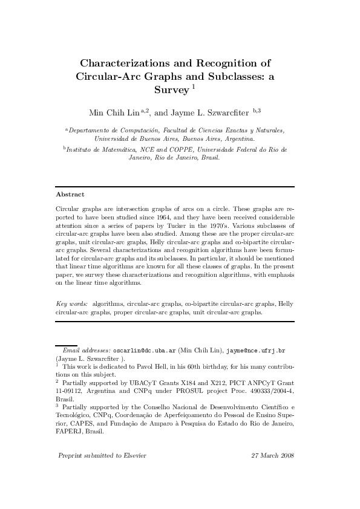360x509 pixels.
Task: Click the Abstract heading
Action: coord(70,195)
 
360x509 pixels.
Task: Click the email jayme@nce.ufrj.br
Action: coord(260,350)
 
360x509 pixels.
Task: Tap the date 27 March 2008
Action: coord(272,455)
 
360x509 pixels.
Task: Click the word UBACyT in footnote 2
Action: coord(142,383)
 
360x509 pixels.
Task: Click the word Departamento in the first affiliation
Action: coord(91,130)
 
